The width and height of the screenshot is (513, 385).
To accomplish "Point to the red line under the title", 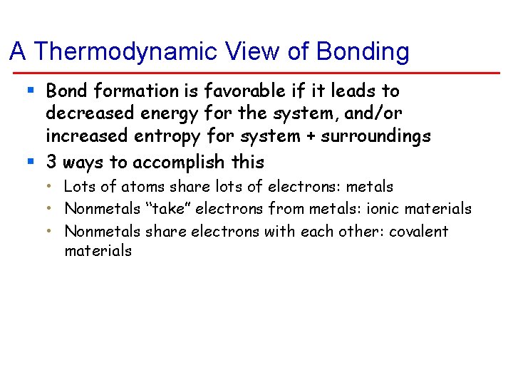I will coord(256,73).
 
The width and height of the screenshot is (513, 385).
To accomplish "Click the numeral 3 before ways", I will coord(51,162).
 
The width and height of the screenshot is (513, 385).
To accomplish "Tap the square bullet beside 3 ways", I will coord(31,162).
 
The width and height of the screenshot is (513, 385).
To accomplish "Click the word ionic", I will coord(383,209).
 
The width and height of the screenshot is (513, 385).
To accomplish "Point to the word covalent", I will coord(419,231).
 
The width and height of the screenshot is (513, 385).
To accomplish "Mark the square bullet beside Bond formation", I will coord(31,91).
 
